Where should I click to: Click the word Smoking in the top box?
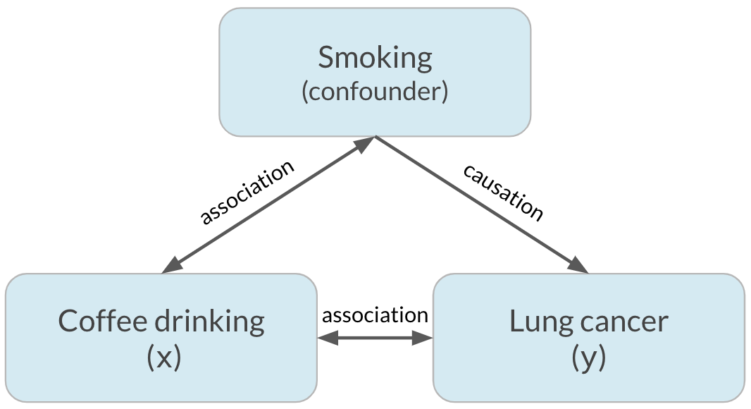[375, 58]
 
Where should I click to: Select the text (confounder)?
[375, 92]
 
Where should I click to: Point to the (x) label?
[163, 358]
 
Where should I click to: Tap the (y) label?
[588, 358]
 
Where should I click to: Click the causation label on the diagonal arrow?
[503, 192]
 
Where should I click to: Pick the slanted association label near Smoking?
[246, 193]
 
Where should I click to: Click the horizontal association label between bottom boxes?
[375, 315]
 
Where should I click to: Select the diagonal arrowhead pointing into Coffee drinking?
[171, 267]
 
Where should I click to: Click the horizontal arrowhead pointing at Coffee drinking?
[328, 339]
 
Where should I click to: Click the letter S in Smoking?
[325, 58]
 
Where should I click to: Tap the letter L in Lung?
[515, 322]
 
